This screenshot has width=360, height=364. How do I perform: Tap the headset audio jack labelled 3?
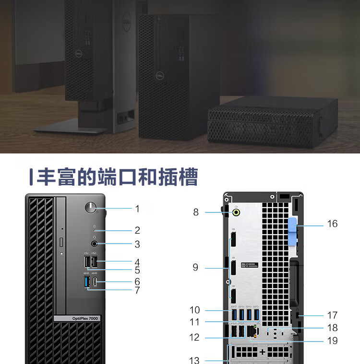[94, 244]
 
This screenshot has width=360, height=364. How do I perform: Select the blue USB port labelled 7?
[87, 283]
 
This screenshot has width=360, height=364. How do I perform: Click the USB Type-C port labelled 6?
[96, 282]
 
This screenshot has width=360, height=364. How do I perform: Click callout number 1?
[137, 209]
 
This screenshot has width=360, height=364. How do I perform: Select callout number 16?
[332, 223]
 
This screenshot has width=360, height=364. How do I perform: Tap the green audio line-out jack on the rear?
[237, 211]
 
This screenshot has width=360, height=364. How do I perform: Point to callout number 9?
[195, 267]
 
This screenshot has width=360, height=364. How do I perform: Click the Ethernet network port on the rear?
[255, 330]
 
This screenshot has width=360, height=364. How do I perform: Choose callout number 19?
[332, 341]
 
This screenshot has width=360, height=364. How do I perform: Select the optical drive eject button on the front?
[62, 240]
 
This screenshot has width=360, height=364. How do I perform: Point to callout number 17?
[332, 315]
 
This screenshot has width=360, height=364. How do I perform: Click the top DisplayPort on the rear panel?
[233, 240]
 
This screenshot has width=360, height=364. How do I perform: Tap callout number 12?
[194, 337]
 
